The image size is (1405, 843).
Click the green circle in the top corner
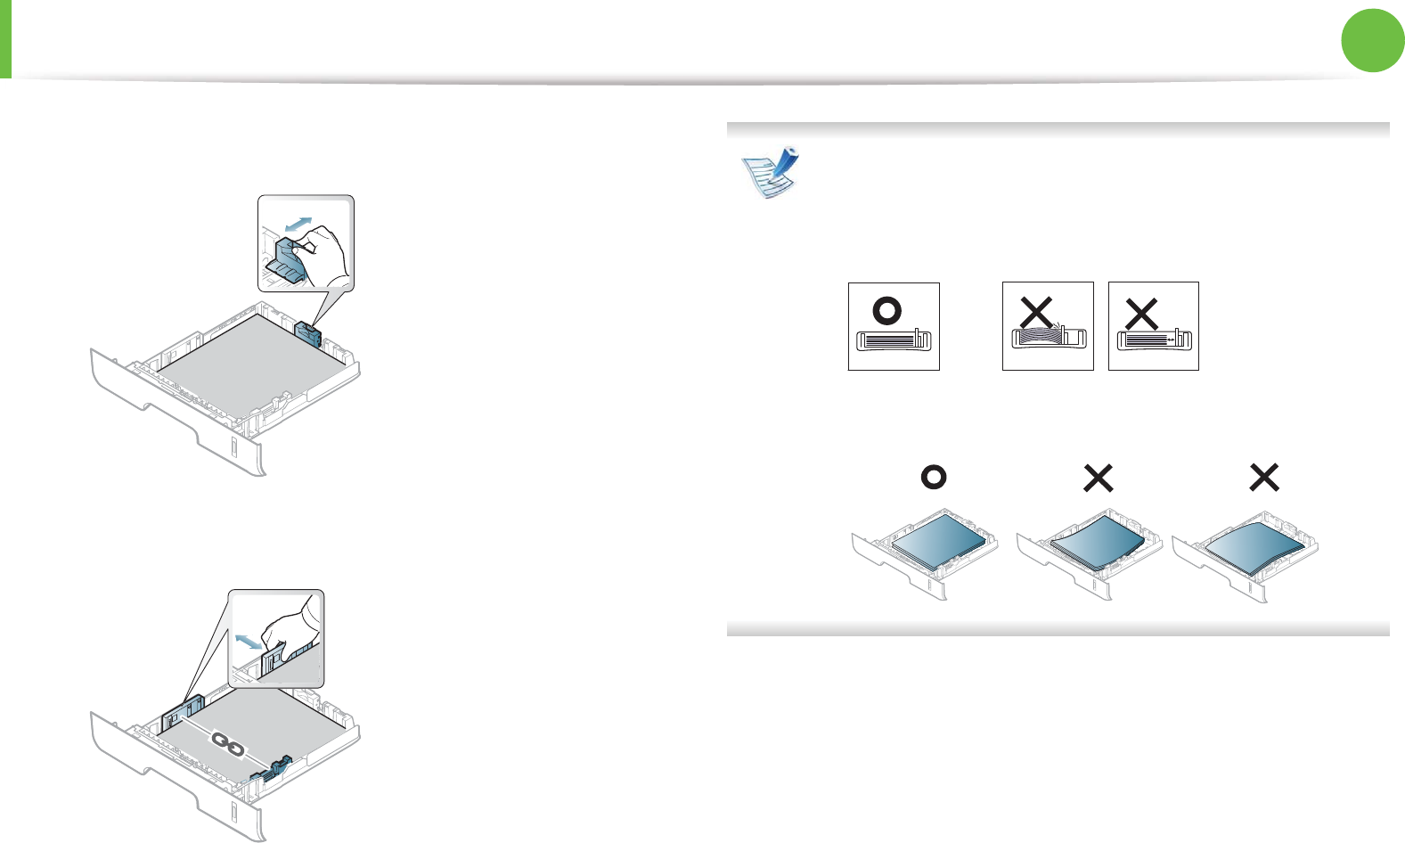(x=1373, y=40)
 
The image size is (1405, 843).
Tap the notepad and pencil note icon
(x=772, y=172)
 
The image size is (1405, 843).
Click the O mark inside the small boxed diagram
(x=887, y=310)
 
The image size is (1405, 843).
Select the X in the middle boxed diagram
(x=1036, y=313)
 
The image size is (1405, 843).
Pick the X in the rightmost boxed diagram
(x=1141, y=314)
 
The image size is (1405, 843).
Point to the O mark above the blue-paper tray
(x=933, y=478)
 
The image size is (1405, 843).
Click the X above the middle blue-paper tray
(x=1099, y=479)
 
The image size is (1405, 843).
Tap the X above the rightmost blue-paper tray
(x=1264, y=478)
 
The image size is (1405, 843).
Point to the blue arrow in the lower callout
(x=248, y=640)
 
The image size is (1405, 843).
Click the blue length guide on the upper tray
(x=307, y=334)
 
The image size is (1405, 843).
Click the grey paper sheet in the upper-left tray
(x=249, y=356)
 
